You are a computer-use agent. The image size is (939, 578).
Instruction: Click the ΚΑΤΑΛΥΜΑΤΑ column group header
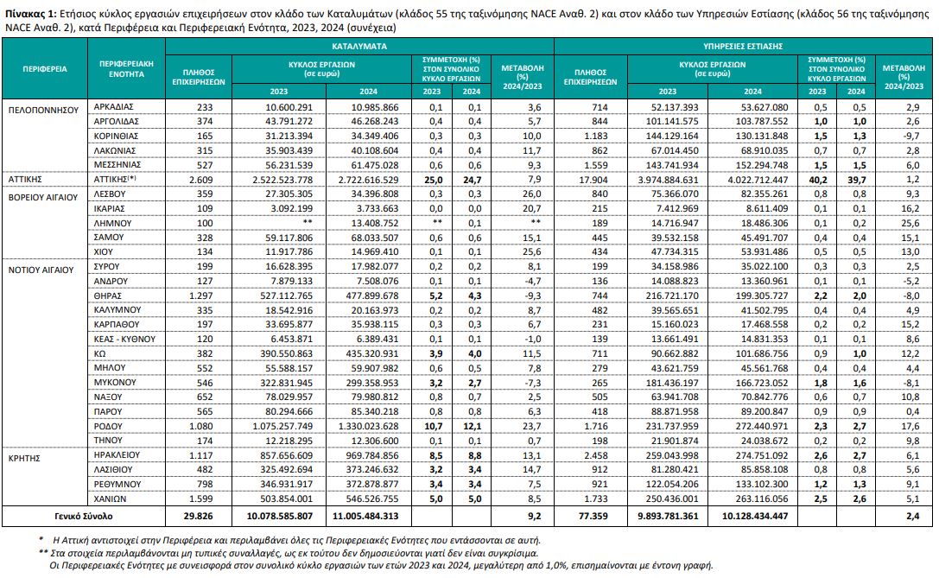pos(359,46)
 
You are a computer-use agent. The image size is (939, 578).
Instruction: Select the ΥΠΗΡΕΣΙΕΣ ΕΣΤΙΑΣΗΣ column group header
pos(743,46)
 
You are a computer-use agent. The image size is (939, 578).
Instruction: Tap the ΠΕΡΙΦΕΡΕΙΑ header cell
pos(45,69)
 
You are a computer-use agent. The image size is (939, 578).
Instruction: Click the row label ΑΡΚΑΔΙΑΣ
pos(114,106)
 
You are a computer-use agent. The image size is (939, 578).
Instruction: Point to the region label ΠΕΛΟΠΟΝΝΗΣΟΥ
pos(44,111)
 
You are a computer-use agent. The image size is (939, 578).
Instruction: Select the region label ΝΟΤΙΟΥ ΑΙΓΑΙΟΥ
pos(41,270)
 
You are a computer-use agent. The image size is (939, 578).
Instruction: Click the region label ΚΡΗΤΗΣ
pos(24,458)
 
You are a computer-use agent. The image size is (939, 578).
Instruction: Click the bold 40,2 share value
pos(817,180)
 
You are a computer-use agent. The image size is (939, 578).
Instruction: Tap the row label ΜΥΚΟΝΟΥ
pos(115,382)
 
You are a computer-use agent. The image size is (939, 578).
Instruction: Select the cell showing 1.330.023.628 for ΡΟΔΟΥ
pos(368,427)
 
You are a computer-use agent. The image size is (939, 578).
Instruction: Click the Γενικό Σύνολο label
pos(83,516)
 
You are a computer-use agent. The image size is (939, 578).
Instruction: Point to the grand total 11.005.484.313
pos(368,516)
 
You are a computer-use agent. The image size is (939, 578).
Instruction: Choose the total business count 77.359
pos(593,516)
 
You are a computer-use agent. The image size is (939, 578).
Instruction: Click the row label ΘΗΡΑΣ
pos(108,295)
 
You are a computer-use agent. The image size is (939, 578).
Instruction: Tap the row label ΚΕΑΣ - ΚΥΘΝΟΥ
pos(124,339)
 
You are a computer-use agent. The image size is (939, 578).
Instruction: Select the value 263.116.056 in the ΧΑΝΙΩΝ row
pos(752,499)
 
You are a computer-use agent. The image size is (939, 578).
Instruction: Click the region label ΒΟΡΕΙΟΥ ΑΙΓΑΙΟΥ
pos(43,198)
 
